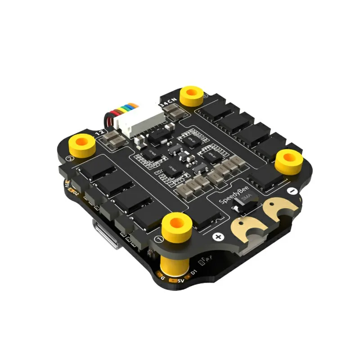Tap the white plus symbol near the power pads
pos(219,237)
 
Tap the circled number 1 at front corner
pos(158,238)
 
